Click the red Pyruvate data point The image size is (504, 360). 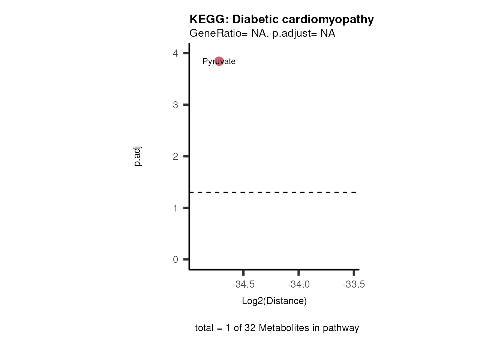tap(219, 61)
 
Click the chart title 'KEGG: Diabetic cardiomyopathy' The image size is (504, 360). tap(281, 19)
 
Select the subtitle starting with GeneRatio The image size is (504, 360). tap(262, 33)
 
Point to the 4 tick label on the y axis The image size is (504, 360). tap(175, 53)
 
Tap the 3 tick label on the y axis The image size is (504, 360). tap(175, 105)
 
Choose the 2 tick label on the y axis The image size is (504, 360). tap(175, 156)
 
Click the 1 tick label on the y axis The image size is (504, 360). tap(175, 208)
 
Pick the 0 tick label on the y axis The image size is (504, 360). tap(175, 259)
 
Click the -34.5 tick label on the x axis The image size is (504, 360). tap(243, 285)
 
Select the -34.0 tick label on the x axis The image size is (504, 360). tap(298, 285)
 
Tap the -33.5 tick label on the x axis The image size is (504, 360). tap(354, 285)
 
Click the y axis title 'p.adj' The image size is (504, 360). tap(137, 156)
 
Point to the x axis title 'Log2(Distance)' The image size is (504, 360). tap(274, 301)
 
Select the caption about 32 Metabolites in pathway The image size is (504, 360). tap(277, 328)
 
